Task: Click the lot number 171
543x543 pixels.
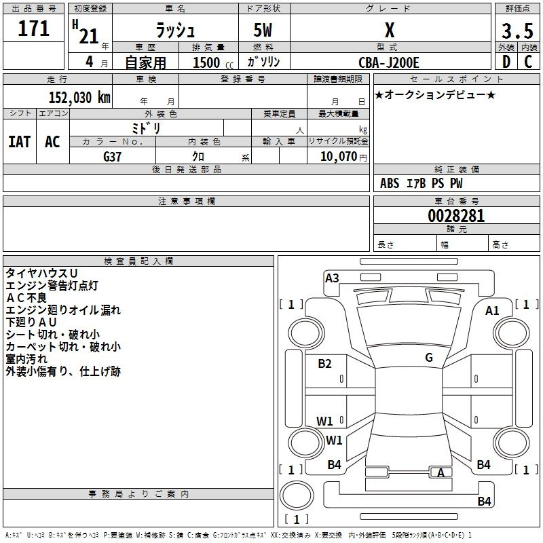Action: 33,29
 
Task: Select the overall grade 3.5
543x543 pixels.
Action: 517,31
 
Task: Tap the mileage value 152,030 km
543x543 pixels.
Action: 79,97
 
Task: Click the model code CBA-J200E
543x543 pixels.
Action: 388,62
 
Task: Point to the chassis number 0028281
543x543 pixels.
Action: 456,216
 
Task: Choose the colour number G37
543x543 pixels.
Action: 112,157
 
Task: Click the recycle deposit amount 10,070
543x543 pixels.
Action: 338,156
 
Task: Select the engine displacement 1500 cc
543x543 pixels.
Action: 213,62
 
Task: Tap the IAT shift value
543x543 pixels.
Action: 20,142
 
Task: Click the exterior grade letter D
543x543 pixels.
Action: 506,62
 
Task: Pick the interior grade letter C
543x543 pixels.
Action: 528,62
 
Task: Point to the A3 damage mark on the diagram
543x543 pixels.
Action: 332,278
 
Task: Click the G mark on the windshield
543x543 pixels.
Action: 429,357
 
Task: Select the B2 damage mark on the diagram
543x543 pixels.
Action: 324,364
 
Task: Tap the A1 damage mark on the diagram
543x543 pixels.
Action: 492,311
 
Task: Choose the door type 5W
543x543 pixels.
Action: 263,30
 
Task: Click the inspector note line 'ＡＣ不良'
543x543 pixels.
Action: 26,297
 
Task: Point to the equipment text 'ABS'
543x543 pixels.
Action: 390,183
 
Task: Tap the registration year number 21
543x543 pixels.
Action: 89,36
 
